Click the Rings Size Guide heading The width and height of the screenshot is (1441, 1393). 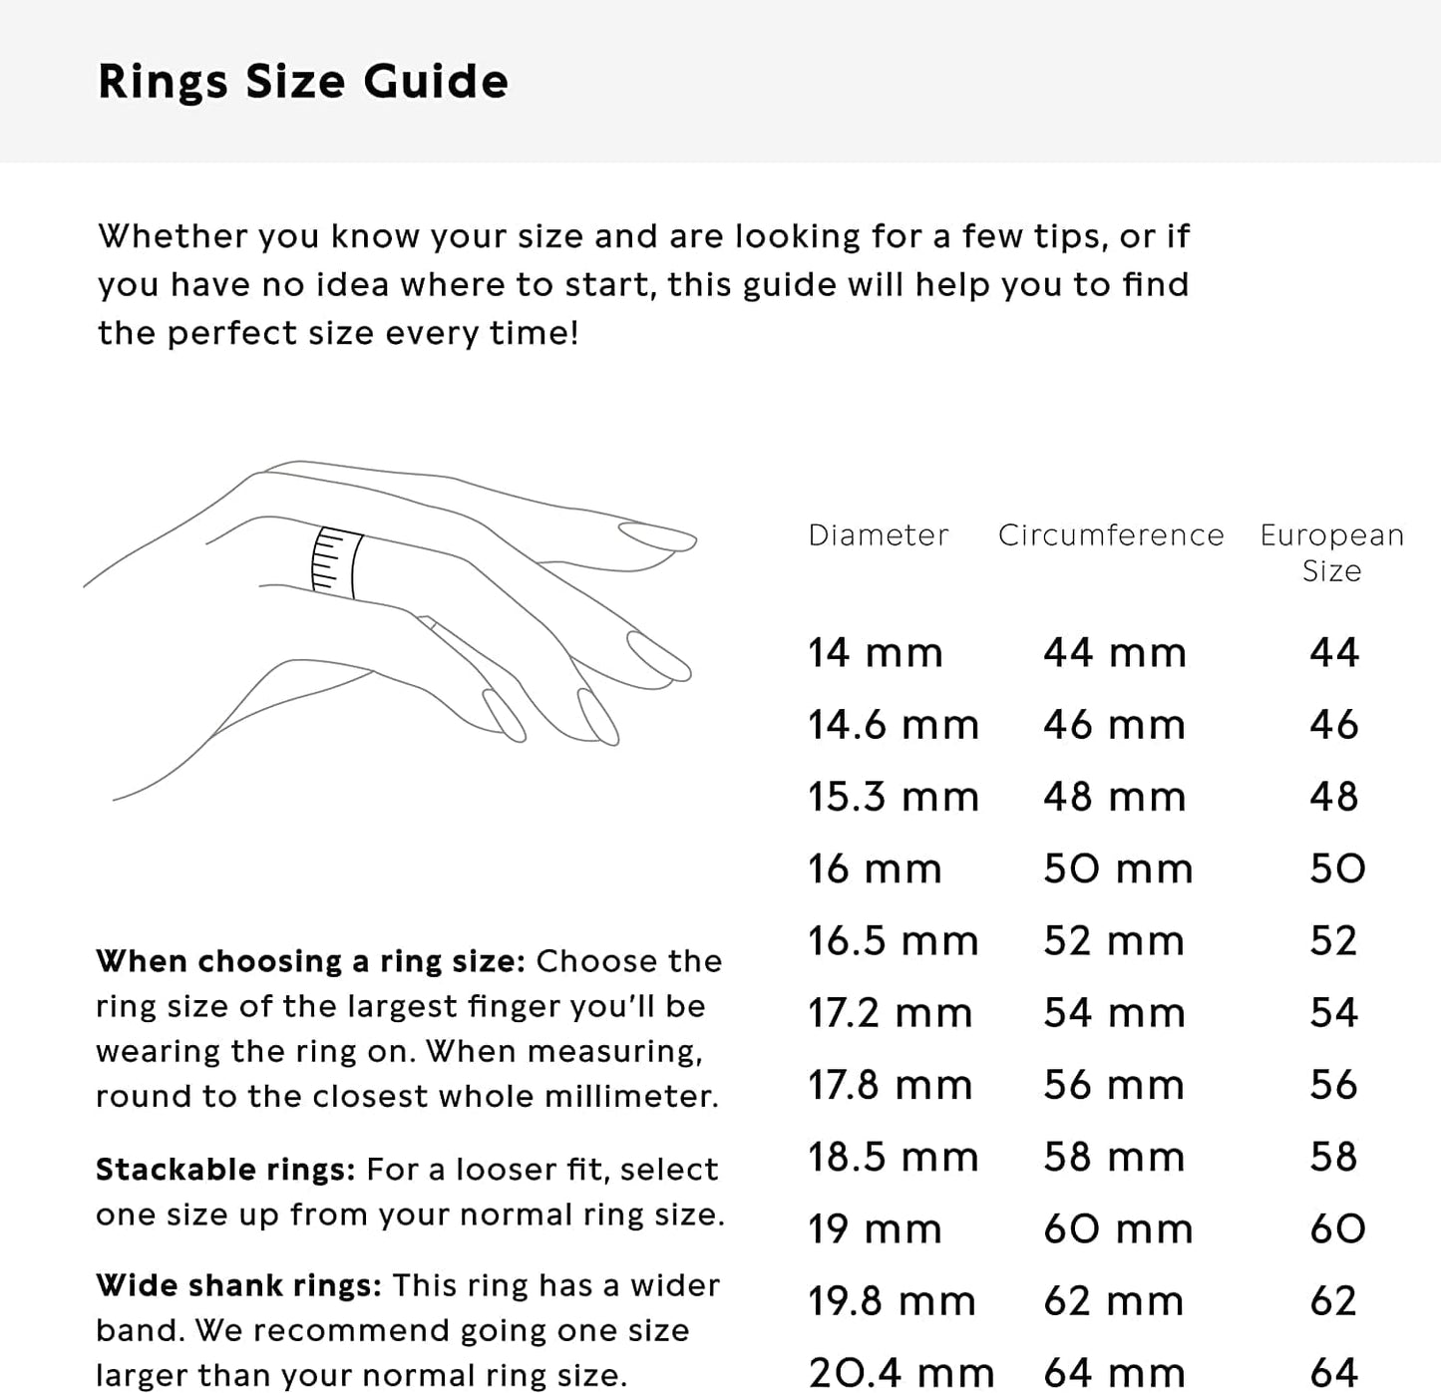302,82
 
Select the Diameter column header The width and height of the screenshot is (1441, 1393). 878,535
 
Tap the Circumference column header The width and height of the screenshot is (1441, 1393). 1110,535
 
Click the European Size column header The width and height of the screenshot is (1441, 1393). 1331,552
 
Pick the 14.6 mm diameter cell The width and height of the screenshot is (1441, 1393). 893,725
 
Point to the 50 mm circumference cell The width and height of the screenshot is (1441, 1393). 1117,869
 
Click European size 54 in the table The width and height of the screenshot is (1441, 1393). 1333,1013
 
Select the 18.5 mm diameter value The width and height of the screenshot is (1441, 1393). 893,1157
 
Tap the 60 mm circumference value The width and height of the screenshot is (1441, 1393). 1117,1228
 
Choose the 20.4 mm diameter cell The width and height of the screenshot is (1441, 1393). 901,1373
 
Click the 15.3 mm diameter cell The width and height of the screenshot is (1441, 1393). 893,797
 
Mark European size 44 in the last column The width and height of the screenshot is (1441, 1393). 1333,653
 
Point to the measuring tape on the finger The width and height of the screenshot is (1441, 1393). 336,562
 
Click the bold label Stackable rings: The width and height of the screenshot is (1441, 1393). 225,1169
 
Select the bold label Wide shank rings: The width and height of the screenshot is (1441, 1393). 238,1285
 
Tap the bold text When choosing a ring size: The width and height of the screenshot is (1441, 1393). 310,961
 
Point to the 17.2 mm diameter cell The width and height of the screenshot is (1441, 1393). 890,1013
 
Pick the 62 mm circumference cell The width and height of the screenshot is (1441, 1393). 1113,1301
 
